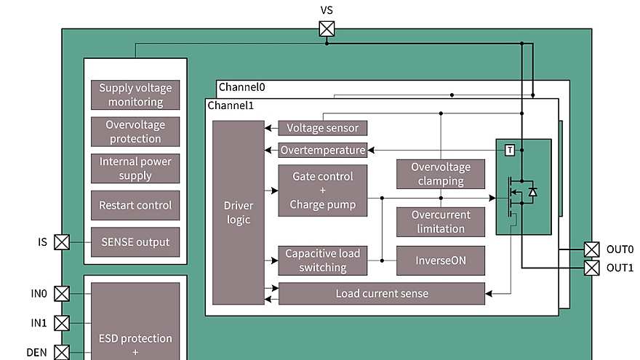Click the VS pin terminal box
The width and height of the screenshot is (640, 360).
pos(327,28)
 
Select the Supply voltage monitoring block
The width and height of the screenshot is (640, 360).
pos(135,95)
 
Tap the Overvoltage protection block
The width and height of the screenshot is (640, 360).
pos(135,132)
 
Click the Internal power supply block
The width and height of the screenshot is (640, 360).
pos(135,168)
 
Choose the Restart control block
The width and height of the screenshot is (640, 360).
pos(135,205)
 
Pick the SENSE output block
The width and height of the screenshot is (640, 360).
pos(135,241)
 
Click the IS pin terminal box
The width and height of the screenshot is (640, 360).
pos(63,241)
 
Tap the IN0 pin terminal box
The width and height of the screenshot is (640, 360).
pos(63,293)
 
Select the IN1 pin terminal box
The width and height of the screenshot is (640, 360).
pos(63,322)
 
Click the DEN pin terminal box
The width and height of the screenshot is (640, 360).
pos(63,352)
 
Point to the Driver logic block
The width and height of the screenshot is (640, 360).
pos(239,212)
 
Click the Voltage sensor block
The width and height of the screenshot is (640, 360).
pos(322,128)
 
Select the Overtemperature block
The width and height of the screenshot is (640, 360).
pos(322,150)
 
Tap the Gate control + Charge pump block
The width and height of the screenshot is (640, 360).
pos(322,191)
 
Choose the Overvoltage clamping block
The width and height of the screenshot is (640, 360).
pos(441,174)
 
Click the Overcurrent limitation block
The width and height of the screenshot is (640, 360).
pos(441,222)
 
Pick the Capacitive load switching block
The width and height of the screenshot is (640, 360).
pos(322,260)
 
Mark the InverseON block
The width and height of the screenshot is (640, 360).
pos(441,260)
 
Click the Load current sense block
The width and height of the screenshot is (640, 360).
pos(382,294)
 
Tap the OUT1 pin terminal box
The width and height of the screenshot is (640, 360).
pos(592,268)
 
